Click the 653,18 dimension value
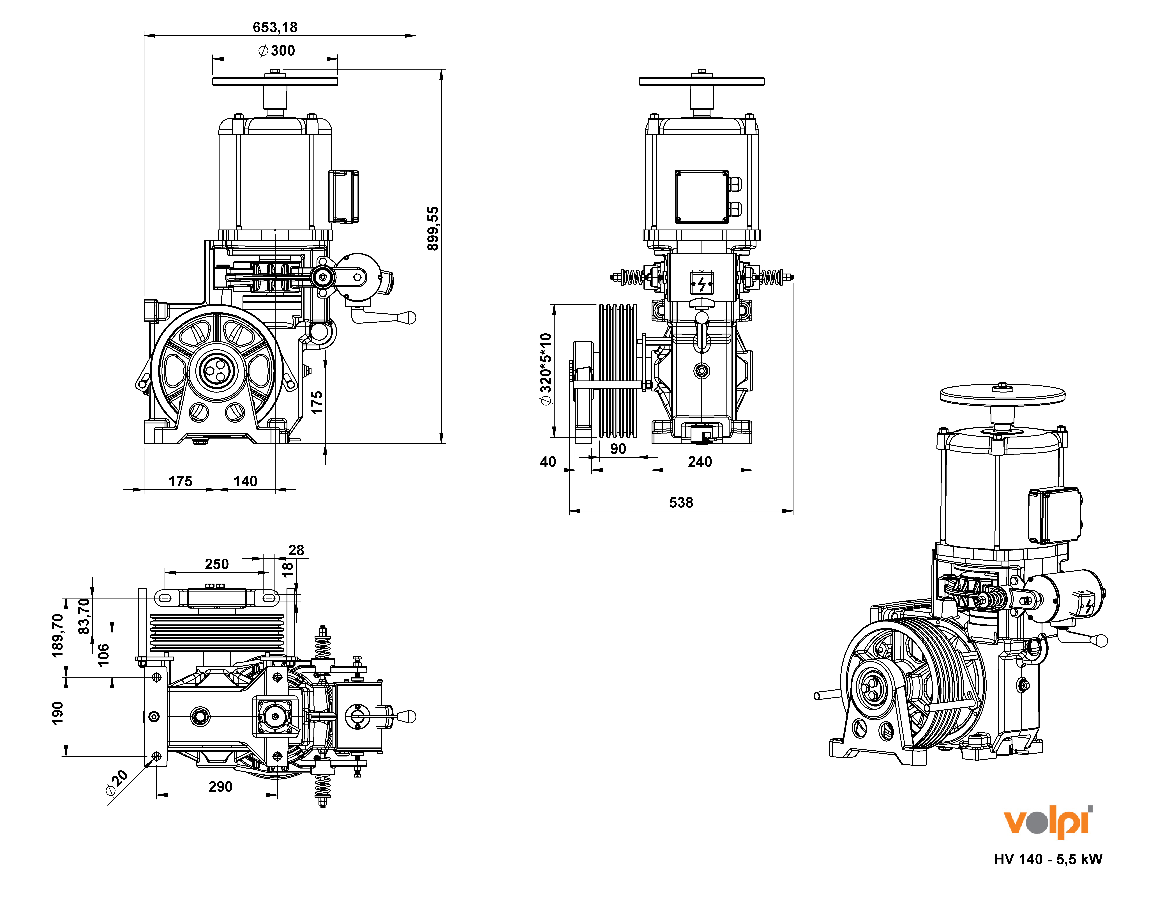click(x=275, y=27)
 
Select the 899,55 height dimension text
click(x=433, y=228)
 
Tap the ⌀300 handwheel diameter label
click(x=276, y=51)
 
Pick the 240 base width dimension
click(x=700, y=462)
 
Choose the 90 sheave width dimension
click(x=618, y=449)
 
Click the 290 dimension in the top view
click(x=220, y=787)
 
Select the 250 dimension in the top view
click(x=217, y=564)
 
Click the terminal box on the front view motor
click(x=701, y=196)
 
